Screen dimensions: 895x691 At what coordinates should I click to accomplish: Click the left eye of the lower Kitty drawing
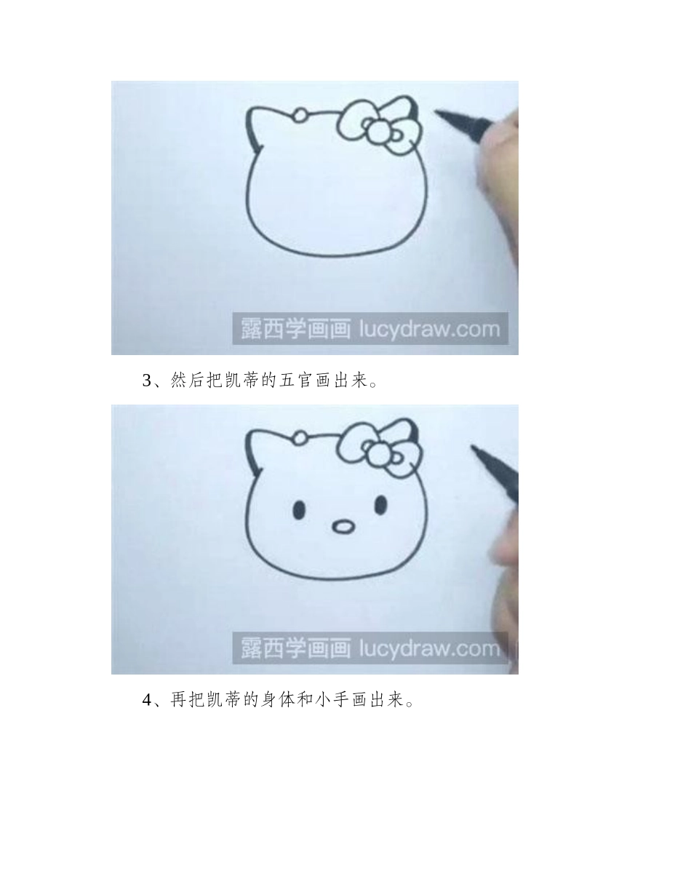299,509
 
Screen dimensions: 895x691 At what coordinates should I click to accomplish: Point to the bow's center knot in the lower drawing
379,456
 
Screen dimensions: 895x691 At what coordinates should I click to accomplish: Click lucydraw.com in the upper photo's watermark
430,330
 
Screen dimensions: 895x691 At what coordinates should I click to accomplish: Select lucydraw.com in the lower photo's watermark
430,648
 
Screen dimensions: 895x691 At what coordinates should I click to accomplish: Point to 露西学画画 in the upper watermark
292,330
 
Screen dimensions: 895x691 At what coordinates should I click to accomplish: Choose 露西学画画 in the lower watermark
292,648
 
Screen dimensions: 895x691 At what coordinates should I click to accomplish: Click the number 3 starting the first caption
146,381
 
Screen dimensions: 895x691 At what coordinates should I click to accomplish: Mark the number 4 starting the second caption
146,701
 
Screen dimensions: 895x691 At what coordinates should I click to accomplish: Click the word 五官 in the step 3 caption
295,381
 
